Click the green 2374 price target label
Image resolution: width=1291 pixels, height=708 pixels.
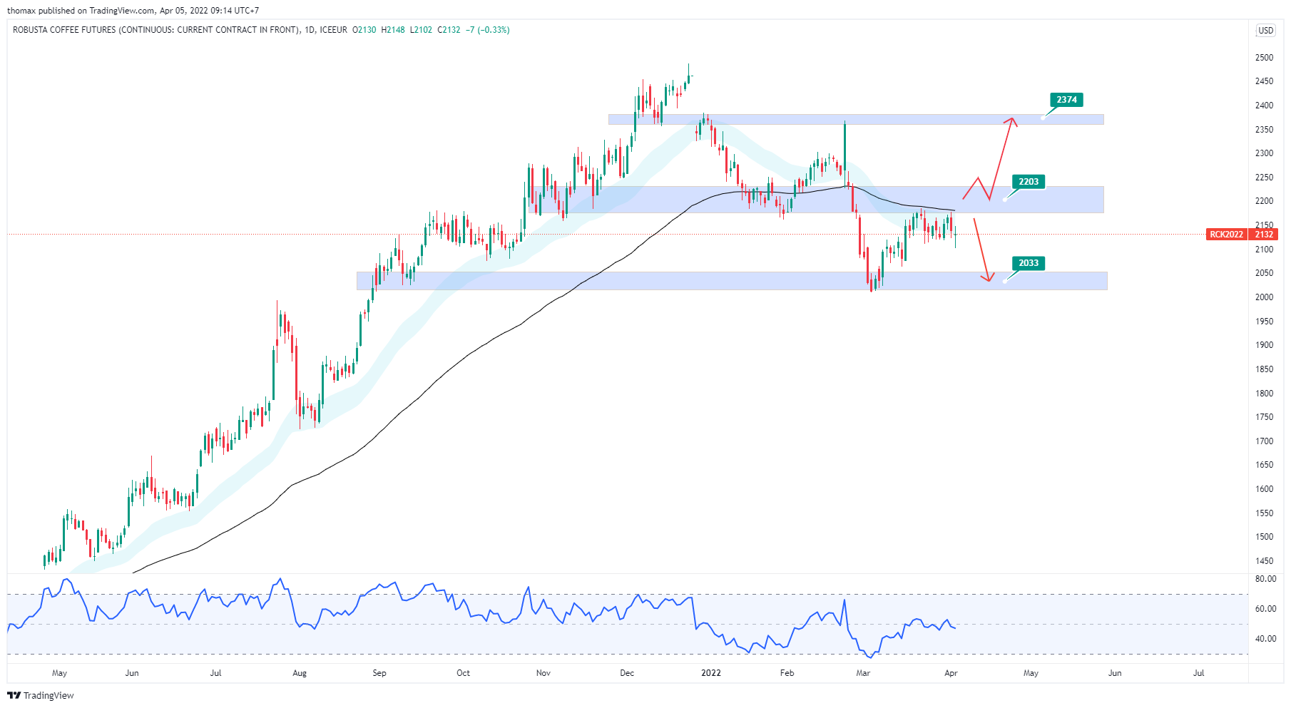(x=1066, y=100)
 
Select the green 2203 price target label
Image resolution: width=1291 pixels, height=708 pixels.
(x=1028, y=182)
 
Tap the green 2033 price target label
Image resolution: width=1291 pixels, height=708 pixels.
(x=1028, y=263)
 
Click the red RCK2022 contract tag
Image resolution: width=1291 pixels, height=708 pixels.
(x=1226, y=235)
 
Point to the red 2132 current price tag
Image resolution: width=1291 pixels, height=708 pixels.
(x=1264, y=235)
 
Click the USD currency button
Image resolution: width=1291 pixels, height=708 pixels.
(x=1265, y=31)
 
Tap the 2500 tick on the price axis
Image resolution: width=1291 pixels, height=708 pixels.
(x=1264, y=58)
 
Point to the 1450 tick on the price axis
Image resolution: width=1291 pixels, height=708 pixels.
(x=1264, y=561)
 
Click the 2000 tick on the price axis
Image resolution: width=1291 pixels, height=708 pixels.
(x=1264, y=297)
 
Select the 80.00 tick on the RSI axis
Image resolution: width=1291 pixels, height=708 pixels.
(x=1265, y=579)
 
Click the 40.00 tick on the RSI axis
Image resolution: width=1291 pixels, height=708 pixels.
(x=1265, y=639)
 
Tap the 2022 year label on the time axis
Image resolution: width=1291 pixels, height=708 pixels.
(x=711, y=673)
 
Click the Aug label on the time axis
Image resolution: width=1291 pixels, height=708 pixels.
(x=300, y=673)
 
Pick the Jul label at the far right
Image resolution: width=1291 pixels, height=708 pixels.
(x=1198, y=673)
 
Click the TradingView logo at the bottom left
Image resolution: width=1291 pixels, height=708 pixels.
(x=41, y=696)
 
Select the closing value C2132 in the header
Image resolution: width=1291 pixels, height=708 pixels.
(x=449, y=30)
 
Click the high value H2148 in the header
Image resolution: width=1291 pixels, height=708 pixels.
(x=393, y=30)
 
